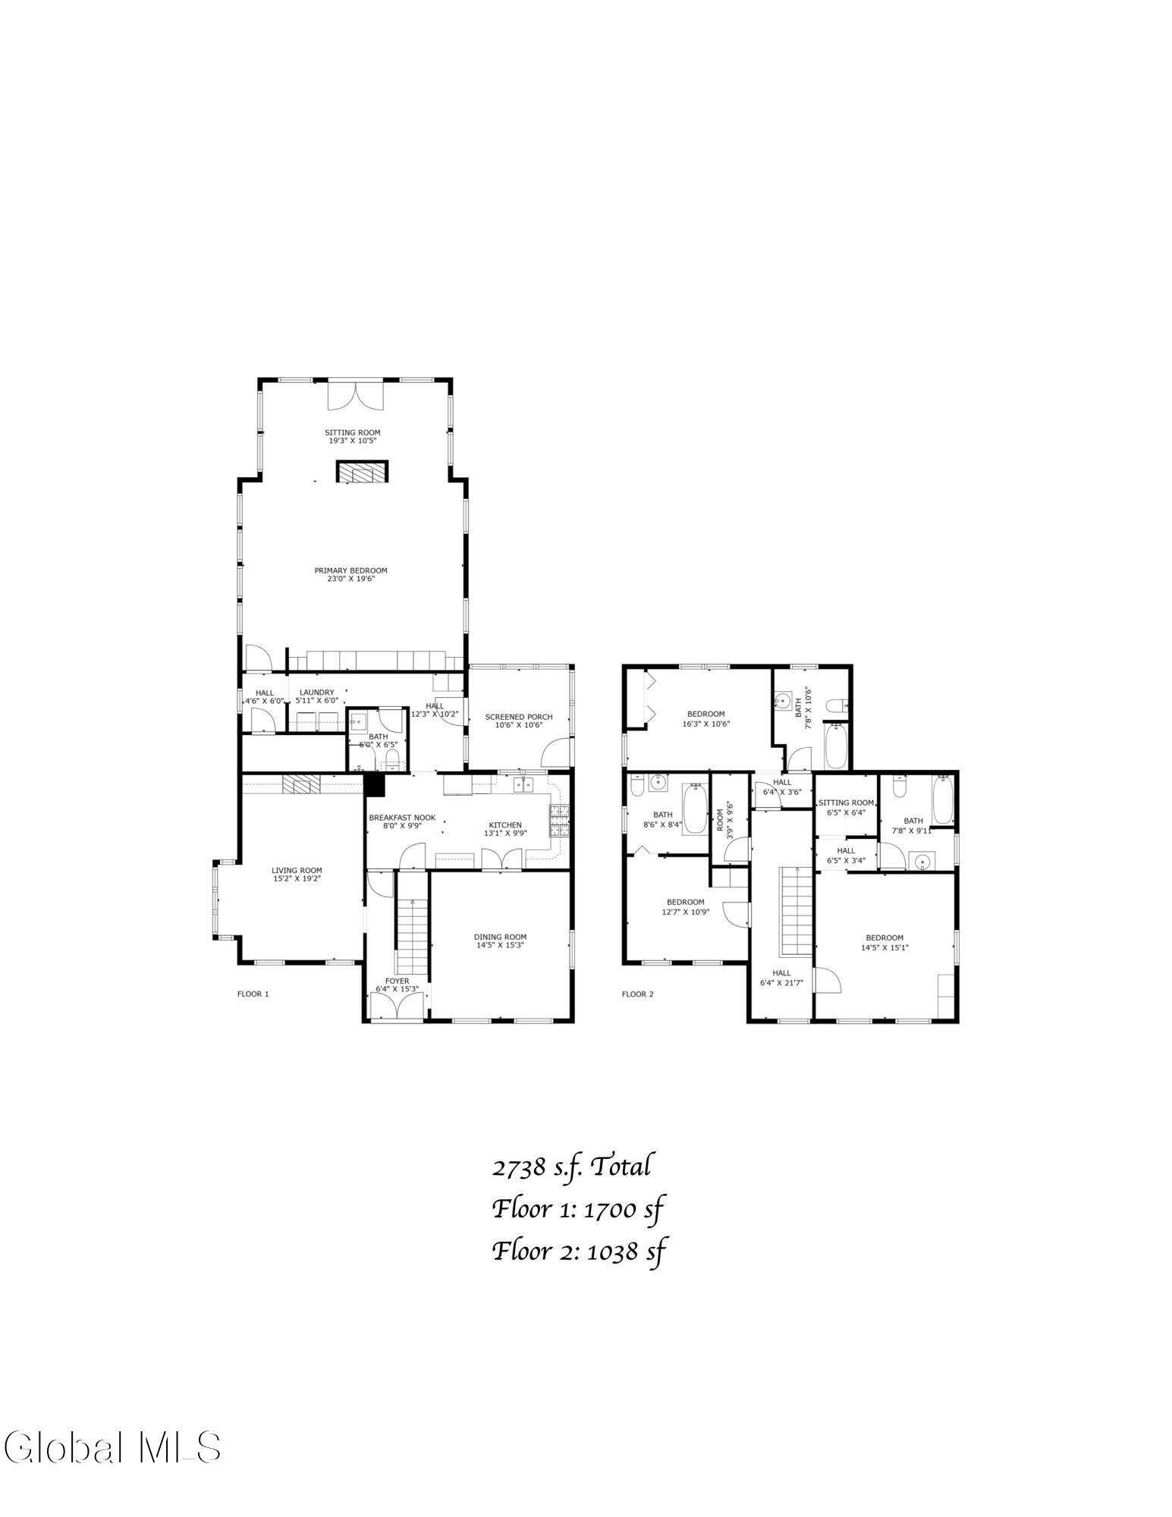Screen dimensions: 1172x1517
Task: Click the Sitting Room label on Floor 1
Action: pos(353,436)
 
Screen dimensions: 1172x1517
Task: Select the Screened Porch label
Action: pos(519,721)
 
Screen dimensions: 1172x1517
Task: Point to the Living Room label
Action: pos(297,875)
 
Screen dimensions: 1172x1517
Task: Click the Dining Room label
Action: pos(500,941)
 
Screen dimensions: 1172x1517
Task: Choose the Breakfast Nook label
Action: pos(402,821)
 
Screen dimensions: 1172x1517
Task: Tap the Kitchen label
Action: pos(505,829)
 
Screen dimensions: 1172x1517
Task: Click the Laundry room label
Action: pos(316,696)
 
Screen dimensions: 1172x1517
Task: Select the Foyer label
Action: pos(397,985)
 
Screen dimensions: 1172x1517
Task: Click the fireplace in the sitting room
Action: pos(363,471)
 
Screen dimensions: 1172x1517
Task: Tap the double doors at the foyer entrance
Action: pos(396,1007)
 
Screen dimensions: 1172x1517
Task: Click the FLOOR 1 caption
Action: pos(253,994)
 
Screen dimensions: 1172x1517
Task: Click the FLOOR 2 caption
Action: pos(637,994)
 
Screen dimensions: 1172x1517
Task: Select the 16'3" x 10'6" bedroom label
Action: pos(705,718)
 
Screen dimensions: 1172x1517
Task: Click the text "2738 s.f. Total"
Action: pos(571,1167)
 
